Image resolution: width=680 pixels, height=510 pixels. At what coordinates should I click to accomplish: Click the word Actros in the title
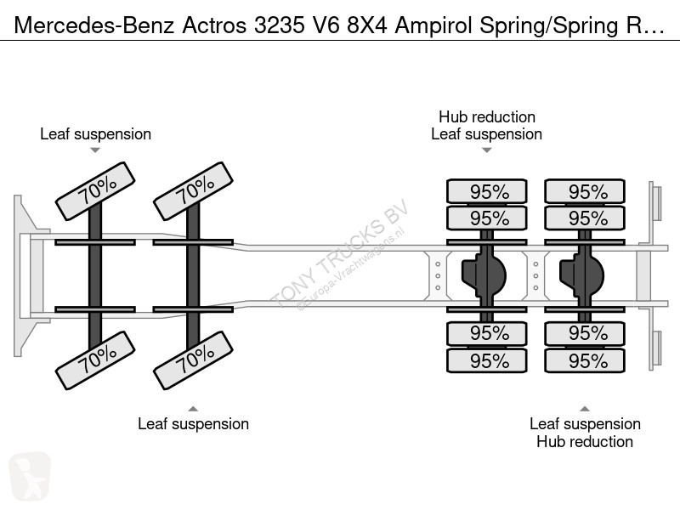(214, 25)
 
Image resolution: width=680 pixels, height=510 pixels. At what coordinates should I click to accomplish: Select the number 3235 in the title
(280, 25)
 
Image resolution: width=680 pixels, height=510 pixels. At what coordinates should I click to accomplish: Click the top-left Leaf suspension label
(95, 134)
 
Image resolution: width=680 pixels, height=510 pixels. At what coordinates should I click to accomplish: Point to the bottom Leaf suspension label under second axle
(194, 423)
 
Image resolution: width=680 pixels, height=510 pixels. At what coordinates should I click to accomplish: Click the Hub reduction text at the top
(487, 116)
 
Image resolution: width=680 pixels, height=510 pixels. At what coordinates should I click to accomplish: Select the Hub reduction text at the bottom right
(585, 441)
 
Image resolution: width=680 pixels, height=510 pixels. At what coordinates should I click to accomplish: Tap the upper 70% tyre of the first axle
(95, 191)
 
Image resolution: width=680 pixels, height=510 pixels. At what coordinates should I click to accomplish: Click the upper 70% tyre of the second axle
(194, 191)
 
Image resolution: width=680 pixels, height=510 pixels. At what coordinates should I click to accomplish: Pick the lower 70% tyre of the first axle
(95, 360)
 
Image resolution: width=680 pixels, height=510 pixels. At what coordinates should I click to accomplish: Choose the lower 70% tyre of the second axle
(194, 360)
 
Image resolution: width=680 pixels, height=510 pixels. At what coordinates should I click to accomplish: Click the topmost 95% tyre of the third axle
(487, 191)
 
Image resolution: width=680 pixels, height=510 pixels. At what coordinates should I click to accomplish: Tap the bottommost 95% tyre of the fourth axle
(585, 360)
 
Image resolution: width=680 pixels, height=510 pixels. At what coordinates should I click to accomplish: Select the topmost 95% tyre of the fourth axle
(585, 191)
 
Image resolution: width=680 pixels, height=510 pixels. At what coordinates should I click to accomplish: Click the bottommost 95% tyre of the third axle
(487, 360)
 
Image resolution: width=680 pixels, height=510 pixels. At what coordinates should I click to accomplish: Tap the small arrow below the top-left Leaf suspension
(95, 150)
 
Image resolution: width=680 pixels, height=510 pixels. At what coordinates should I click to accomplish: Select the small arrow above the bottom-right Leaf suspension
(585, 409)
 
